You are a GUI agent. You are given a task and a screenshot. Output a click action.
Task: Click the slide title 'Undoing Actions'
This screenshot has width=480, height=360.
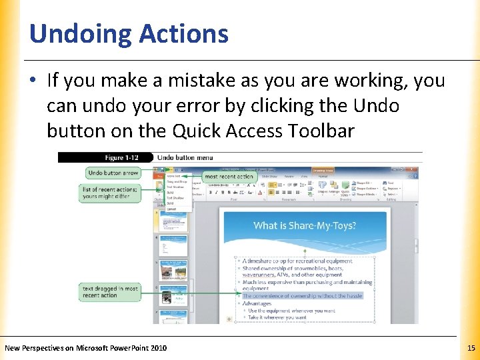click(x=129, y=33)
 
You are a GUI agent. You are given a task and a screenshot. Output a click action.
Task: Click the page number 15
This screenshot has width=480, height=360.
click(x=471, y=348)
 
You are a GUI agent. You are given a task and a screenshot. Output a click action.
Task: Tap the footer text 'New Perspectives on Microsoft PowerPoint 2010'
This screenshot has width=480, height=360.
click(x=86, y=348)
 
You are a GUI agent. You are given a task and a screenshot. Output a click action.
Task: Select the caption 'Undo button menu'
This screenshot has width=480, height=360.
click(x=185, y=158)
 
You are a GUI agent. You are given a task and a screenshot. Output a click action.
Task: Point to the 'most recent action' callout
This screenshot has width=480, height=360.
click(x=229, y=177)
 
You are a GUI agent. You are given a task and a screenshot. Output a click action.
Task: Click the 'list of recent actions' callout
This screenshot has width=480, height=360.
click(x=110, y=193)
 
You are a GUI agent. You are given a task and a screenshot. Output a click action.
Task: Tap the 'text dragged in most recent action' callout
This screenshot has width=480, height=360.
click(x=110, y=292)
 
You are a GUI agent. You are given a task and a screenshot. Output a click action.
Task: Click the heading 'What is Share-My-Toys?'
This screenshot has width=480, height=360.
click(x=305, y=225)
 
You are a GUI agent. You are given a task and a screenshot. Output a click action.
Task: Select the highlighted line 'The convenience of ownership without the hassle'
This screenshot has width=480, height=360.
click(x=302, y=295)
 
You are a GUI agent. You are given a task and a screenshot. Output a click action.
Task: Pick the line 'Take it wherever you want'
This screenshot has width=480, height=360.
click(x=277, y=317)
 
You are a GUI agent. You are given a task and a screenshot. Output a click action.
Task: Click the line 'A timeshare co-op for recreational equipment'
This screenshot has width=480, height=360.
click(x=297, y=261)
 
